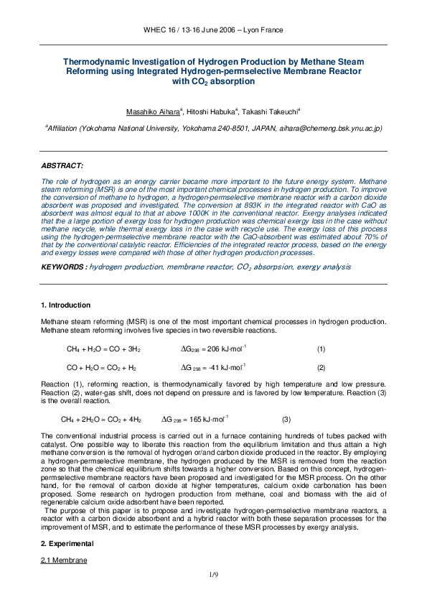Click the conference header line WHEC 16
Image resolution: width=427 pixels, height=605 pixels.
pyautogui.click(x=213, y=30)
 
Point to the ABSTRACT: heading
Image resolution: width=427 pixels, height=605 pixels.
pyautogui.click(x=62, y=165)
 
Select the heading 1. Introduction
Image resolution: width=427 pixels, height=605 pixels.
pyautogui.click(x=66, y=305)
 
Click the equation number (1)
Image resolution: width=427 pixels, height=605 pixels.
pyautogui.click(x=321, y=349)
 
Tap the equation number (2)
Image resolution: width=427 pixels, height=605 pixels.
pyautogui.click(x=321, y=367)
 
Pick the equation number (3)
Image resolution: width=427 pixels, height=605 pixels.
pyautogui.click(x=286, y=419)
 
